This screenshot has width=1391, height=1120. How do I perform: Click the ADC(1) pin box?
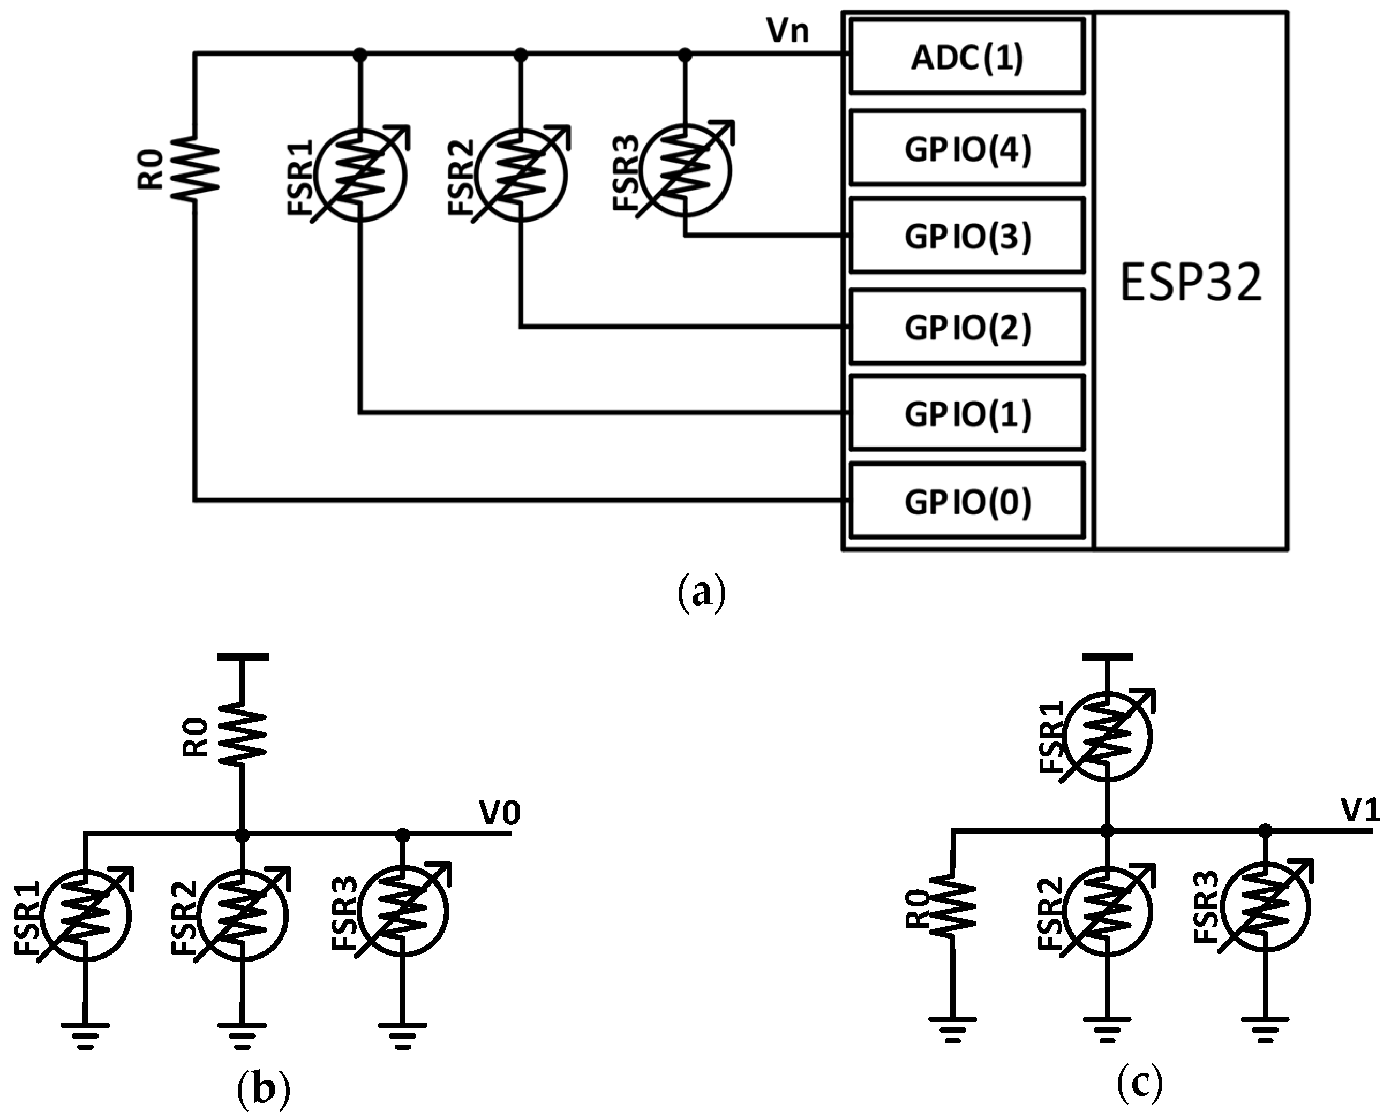coord(966,57)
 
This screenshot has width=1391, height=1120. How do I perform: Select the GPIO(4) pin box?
coord(966,149)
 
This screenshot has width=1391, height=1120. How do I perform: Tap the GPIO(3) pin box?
coord(966,236)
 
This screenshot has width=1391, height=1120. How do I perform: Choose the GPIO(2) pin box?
coord(966,328)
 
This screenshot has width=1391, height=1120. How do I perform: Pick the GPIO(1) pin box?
coord(966,413)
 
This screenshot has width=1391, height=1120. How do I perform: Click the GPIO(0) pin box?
coord(966,501)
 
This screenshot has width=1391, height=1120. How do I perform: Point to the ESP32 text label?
coord(1191,283)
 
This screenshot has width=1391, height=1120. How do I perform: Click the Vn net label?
coord(787,31)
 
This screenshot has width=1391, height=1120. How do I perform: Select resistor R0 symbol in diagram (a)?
coord(194,168)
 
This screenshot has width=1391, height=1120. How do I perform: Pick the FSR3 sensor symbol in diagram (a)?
coord(686,170)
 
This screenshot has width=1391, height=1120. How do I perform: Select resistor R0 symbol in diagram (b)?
coord(242,736)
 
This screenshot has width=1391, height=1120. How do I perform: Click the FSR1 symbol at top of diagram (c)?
coord(1108,735)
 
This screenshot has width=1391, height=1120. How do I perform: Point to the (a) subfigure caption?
coord(702,592)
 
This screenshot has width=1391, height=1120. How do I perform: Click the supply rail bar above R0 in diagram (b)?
coord(242,657)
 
